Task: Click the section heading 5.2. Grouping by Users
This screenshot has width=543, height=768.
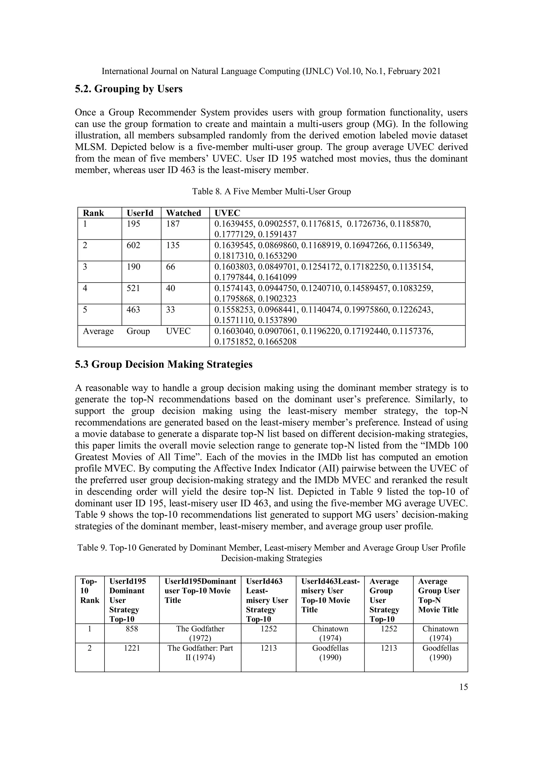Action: pyautogui.click(x=129, y=89)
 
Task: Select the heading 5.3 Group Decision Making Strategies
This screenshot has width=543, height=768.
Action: pyautogui.click(x=164, y=364)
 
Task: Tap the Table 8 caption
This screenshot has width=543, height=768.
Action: pyautogui.click(x=271, y=192)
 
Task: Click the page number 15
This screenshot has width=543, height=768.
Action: pyautogui.click(x=463, y=687)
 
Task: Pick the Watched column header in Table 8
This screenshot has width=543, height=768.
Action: pyautogui.click(x=183, y=213)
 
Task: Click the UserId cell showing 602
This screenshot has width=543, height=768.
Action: pyautogui.click(x=133, y=245)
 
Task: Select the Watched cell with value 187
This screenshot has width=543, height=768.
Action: pyautogui.click(x=173, y=224)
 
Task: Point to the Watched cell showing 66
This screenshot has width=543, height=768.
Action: pyautogui.click(x=171, y=267)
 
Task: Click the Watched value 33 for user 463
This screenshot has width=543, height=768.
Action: pyautogui.click(x=171, y=309)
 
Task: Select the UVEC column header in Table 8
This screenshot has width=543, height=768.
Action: pyautogui.click(x=227, y=213)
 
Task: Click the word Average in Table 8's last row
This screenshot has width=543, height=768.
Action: pyautogui.click(x=98, y=331)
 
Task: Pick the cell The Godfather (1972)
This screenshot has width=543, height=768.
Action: pyautogui.click(x=200, y=633)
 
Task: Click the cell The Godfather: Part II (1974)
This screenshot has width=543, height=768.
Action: pyautogui.click(x=200, y=653)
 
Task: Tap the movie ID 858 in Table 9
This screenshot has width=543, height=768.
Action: pyautogui.click(x=132, y=629)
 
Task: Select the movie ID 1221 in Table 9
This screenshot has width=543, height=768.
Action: pyautogui.click(x=132, y=648)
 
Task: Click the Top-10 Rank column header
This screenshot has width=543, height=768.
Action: pyautogui.click(x=90, y=591)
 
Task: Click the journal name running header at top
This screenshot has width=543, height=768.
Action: pyautogui.click(x=271, y=71)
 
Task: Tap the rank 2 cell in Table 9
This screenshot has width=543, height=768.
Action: pyautogui.click(x=89, y=648)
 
